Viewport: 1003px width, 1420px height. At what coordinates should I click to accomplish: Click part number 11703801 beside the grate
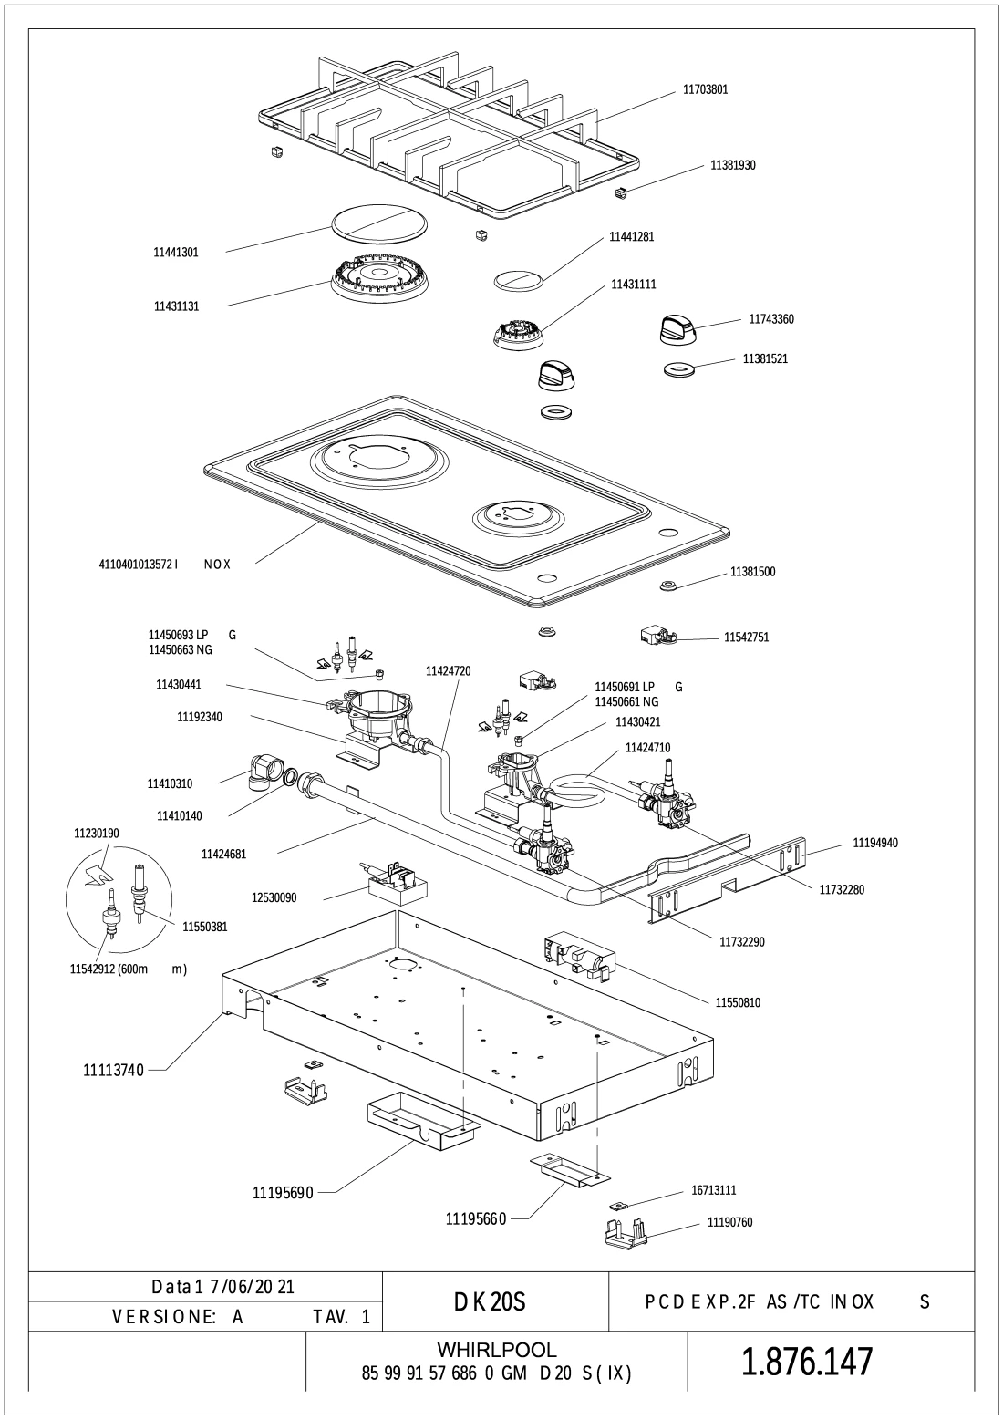tap(705, 90)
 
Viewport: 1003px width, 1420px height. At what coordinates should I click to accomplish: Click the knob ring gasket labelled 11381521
tap(679, 369)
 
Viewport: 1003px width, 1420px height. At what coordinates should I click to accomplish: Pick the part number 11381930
tap(732, 165)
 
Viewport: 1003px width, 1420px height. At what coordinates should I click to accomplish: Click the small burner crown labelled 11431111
tap(519, 335)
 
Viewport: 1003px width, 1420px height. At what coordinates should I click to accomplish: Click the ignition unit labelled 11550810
tap(578, 956)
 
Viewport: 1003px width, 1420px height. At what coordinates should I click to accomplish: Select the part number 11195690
tap(283, 1192)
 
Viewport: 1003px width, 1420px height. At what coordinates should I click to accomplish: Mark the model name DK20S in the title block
tap(490, 1302)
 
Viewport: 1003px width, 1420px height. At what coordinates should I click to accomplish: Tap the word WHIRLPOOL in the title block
tap(497, 1350)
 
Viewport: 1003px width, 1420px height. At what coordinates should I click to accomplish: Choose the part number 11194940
tap(875, 843)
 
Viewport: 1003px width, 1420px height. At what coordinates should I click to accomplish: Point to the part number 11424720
tap(448, 671)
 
